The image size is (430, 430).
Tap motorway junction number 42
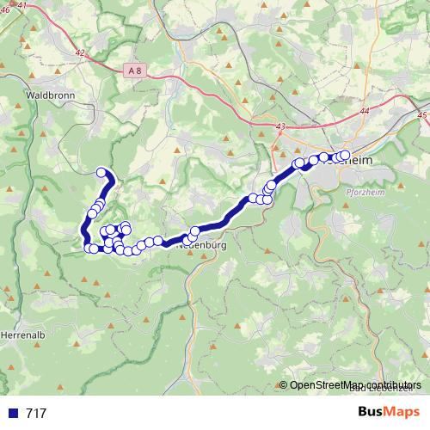[x=80, y=53]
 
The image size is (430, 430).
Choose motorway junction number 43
[x=280, y=127]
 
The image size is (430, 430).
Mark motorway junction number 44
[x=365, y=112]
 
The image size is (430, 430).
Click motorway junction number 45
[x=421, y=114]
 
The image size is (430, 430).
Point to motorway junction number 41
[x=21, y=6]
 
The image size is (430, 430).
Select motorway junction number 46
[x=4, y=10]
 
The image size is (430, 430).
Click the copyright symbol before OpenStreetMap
[x=283, y=384]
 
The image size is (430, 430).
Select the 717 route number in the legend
[x=36, y=414]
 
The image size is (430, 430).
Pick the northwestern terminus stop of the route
[x=101, y=172]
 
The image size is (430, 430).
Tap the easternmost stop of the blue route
[x=345, y=155]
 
